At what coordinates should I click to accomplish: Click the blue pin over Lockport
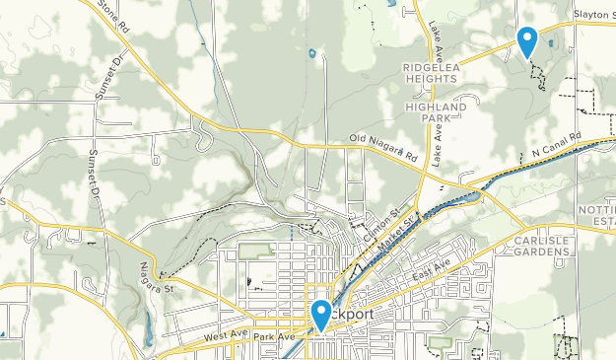(321, 315)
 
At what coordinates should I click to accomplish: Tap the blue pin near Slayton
(527, 41)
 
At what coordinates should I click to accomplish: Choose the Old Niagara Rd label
(384, 149)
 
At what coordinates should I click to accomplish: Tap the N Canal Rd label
(557, 145)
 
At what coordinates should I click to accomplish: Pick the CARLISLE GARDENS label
(541, 246)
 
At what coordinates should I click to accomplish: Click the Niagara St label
(156, 279)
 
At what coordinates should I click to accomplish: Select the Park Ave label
(274, 337)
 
